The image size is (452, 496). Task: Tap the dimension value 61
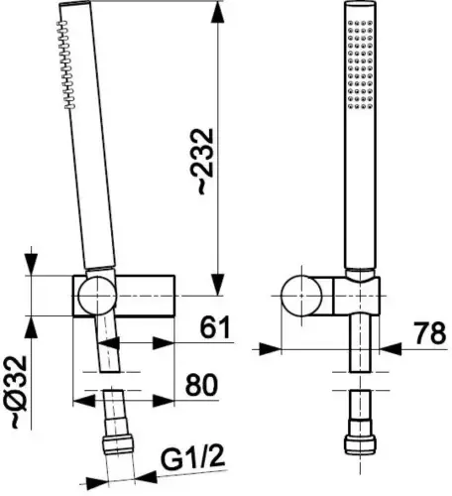(215, 327)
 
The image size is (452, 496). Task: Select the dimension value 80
(201, 385)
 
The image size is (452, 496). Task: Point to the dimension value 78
(430, 333)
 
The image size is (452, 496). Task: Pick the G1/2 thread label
(192, 458)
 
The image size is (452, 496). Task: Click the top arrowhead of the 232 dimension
(217, 13)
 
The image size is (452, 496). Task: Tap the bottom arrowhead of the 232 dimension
(217, 284)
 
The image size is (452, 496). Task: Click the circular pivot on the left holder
(97, 296)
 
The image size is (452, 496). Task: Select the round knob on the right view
(301, 296)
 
